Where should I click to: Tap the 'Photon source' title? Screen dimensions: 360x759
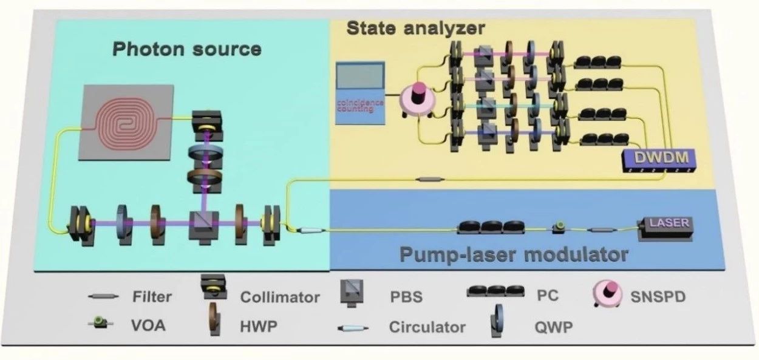[187, 49]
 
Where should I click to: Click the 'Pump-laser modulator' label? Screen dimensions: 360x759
[513, 255]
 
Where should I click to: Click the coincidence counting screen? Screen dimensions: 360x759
[361, 85]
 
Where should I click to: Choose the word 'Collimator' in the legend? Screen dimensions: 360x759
[280, 297]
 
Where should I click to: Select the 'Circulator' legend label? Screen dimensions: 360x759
[427, 328]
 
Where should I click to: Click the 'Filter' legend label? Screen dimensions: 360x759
[152, 297]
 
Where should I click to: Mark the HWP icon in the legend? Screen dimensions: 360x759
[214, 324]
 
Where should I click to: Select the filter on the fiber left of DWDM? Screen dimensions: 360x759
[430, 179]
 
